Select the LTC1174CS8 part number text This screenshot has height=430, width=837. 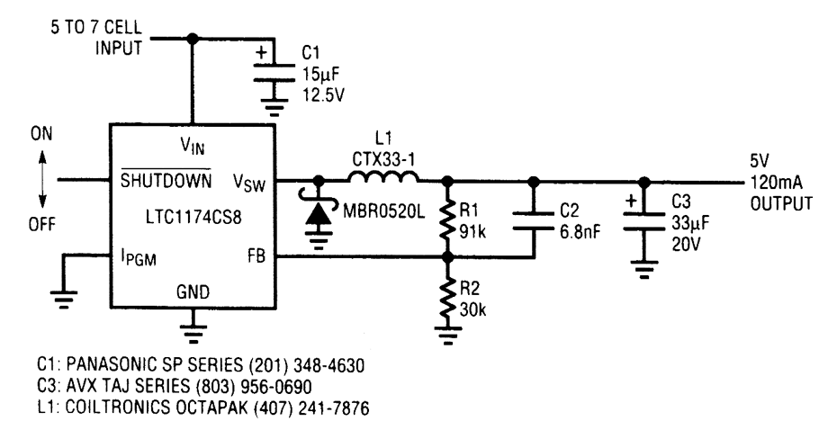tap(188, 218)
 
